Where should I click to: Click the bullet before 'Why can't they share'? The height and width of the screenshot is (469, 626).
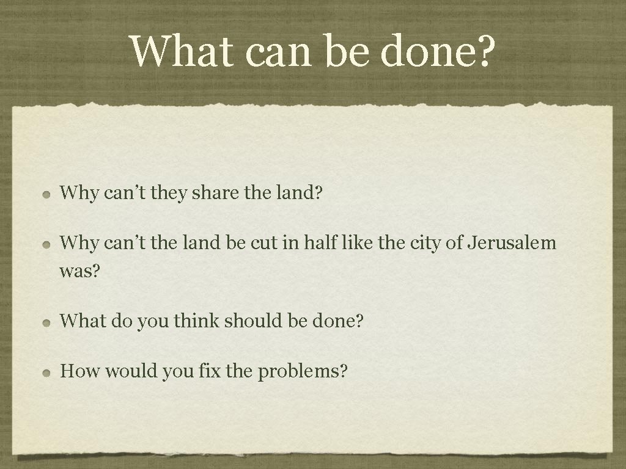47,195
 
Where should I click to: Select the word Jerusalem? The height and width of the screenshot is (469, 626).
512,243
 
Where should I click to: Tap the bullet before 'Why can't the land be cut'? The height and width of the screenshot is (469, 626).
47,244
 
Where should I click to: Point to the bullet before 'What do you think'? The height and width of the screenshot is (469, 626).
47,321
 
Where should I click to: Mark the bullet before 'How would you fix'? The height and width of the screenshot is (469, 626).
47,372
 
